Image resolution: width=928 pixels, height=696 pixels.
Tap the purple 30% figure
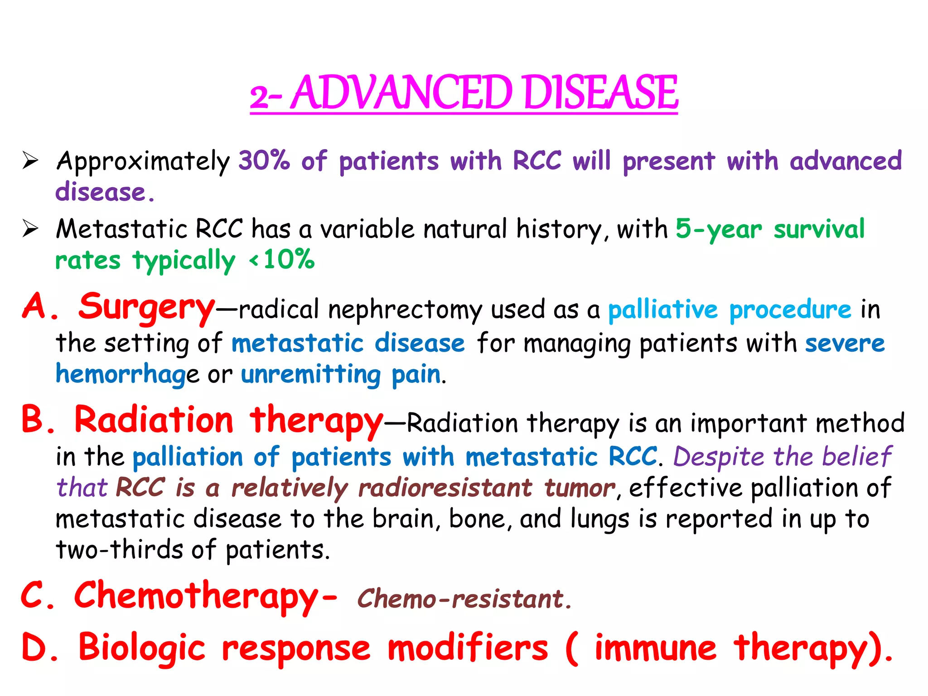tap(264, 160)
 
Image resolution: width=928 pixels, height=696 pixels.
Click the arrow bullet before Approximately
tap(30, 161)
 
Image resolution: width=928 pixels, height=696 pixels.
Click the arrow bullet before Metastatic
tap(30, 229)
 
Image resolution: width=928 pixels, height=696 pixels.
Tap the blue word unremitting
tap(311, 375)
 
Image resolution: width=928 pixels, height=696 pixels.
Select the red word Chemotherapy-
tap(205, 596)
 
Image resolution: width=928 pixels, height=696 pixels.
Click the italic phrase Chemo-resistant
tap(464, 599)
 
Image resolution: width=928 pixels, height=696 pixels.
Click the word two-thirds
tap(119, 550)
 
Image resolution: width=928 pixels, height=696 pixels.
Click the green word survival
tap(819, 229)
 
